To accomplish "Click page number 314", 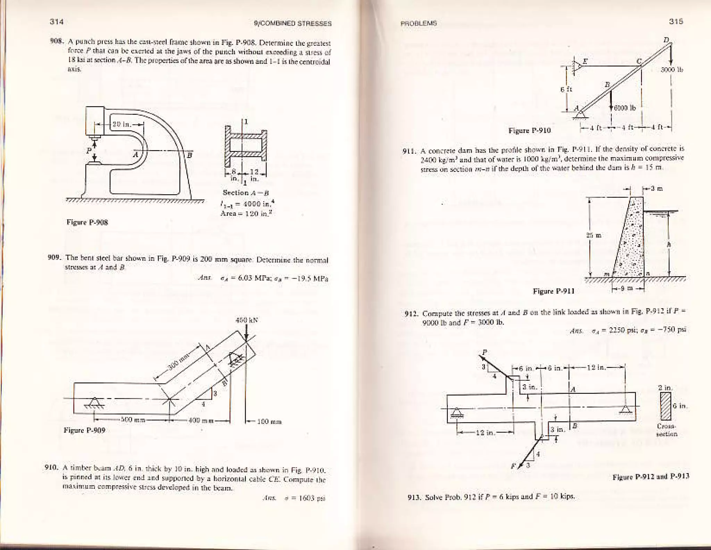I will [x=56, y=22].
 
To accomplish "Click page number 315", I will [x=676, y=22].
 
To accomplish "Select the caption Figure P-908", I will [x=87, y=222].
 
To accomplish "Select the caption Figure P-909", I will [x=84, y=430].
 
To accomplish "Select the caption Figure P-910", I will [x=529, y=131].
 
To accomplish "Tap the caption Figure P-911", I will [x=554, y=291].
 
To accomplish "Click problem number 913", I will [x=413, y=497].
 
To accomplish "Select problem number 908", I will [x=56, y=43].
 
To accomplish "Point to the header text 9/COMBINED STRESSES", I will [x=293, y=24].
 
